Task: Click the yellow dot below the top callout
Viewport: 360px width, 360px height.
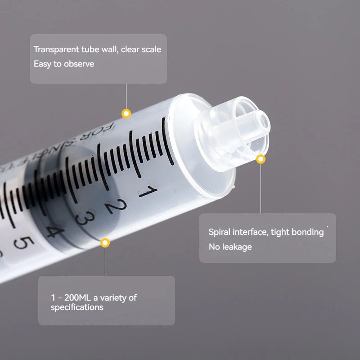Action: [126, 113]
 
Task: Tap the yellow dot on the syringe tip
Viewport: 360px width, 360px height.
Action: [261, 159]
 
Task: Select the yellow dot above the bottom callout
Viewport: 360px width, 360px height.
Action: [105, 243]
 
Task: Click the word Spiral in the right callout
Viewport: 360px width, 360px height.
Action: [219, 232]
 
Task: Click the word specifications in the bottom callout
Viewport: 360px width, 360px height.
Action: [76, 307]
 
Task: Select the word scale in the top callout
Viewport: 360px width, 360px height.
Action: [150, 49]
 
